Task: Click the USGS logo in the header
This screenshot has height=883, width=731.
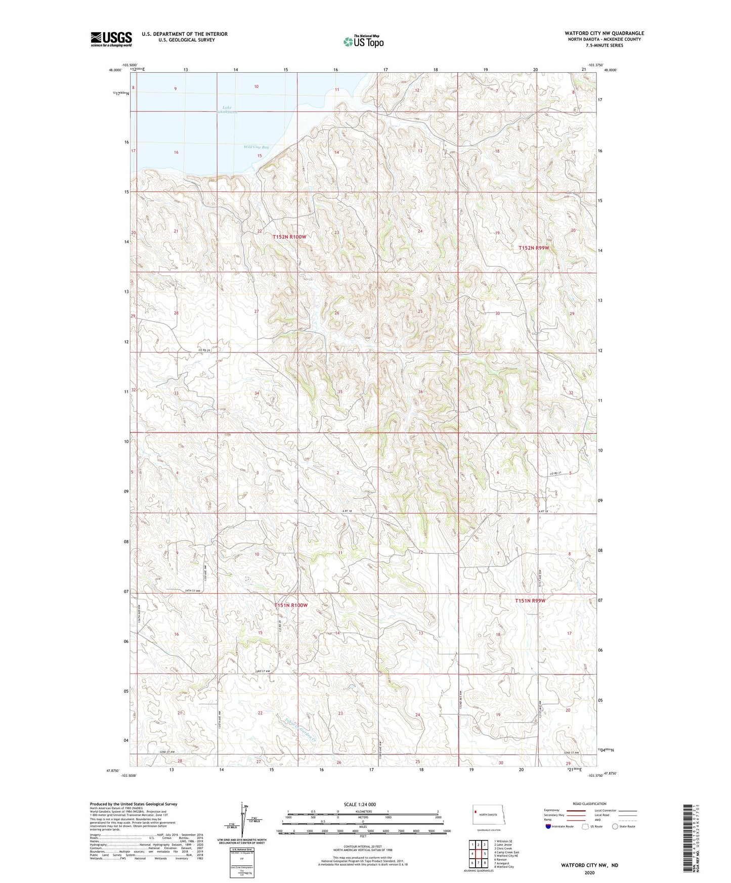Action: pos(111,39)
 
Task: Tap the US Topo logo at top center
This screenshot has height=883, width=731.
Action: pos(363,41)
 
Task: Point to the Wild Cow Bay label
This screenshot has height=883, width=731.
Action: pos(256,147)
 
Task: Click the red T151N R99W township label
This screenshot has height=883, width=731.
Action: pos(530,600)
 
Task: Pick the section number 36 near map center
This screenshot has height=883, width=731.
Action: pos(420,392)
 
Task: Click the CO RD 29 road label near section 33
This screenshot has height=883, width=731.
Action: pos(203,350)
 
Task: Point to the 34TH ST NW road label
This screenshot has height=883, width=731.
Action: pos(191,591)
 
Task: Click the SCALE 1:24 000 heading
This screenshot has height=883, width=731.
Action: pos(360,805)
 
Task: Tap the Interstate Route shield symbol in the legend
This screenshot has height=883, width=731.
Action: pos(548,826)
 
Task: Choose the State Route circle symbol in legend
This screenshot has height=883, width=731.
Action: pos(615,826)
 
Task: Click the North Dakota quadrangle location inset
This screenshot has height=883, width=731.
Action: pos(488,815)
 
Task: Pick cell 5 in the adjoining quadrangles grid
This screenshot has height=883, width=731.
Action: pos(485,854)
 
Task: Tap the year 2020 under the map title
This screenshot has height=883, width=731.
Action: pos(589,872)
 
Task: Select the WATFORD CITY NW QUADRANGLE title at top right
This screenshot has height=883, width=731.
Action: pos(605,33)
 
